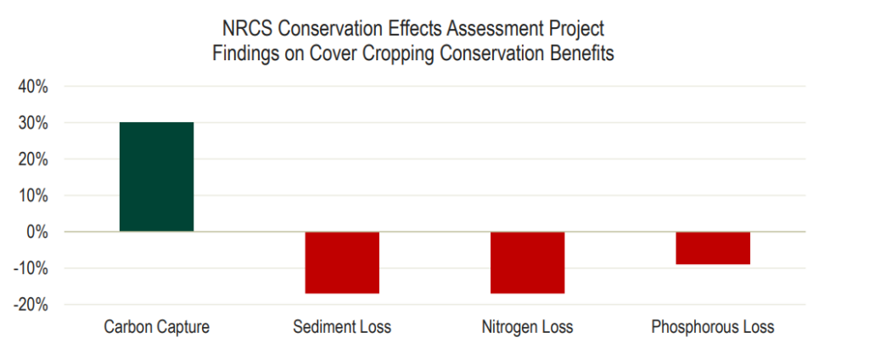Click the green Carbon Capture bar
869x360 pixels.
[x=156, y=177]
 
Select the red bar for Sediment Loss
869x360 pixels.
[x=342, y=262]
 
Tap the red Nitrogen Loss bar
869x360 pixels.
[x=527, y=262]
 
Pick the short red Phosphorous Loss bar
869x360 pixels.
[x=712, y=248]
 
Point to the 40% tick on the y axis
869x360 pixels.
[x=31, y=87]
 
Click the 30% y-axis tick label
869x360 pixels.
[x=31, y=123]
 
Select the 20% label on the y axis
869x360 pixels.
[x=31, y=160]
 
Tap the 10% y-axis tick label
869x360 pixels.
[x=31, y=195]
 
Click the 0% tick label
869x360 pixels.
[x=35, y=232]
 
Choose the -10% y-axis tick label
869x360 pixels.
[x=28, y=268]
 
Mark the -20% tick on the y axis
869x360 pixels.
[x=28, y=305]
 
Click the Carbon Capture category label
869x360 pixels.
[x=156, y=327]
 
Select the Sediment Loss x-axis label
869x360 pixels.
[x=342, y=327]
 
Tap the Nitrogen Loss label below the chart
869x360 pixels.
[x=527, y=327]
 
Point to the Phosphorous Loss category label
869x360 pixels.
[x=712, y=327]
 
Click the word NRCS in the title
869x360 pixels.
[x=245, y=31]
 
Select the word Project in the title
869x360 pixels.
[x=577, y=31]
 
